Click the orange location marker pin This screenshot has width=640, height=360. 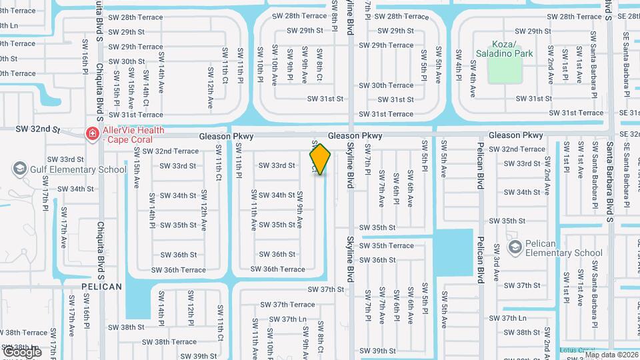point(320,159)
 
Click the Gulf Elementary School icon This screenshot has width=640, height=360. point(19,169)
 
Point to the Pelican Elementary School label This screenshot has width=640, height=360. point(564,248)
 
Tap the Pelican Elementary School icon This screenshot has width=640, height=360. point(515,248)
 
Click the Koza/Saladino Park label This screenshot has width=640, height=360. point(505,48)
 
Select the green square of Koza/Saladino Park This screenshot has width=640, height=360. point(505,70)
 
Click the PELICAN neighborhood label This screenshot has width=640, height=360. point(102,287)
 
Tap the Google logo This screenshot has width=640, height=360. point(22,351)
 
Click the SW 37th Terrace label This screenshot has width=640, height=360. point(287,305)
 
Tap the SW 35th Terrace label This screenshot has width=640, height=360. point(387,245)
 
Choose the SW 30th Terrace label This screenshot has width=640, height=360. point(386,85)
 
